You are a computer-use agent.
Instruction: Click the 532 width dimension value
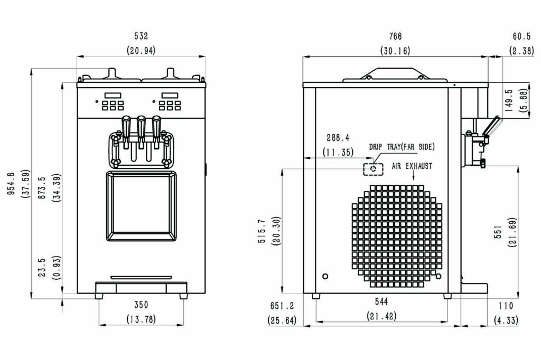[141, 36]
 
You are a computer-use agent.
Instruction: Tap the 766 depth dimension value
[395, 36]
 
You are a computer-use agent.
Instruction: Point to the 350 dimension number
[141, 305]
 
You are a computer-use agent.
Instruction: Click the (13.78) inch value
[141, 319]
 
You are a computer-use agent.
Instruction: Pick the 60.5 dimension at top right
[521, 36]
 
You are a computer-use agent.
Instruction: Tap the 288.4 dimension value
[338, 138]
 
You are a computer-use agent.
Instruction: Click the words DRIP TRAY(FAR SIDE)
[402, 147]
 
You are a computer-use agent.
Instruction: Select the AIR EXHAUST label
[412, 166]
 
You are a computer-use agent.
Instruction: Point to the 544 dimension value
[381, 302]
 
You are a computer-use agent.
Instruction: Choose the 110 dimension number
[506, 306]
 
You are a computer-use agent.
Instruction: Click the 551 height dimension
[498, 233]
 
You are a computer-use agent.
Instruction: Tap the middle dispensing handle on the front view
[141, 128]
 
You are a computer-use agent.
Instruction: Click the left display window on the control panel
[113, 95]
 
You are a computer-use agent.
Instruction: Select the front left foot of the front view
[99, 296]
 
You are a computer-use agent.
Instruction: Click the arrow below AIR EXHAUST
[414, 176]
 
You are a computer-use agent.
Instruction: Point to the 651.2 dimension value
[282, 306]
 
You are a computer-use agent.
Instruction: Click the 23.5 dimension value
[42, 268]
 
